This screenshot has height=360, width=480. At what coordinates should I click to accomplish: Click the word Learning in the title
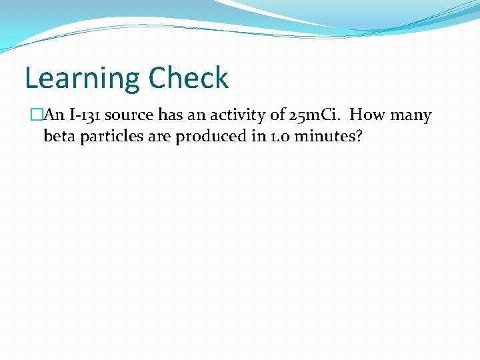point(81,79)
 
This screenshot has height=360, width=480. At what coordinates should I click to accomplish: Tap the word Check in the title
point(189,77)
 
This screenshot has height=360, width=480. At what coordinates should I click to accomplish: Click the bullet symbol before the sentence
point(37,115)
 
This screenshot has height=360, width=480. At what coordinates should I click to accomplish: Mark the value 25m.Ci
point(316,115)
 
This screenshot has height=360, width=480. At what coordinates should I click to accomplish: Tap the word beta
point(59,137)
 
